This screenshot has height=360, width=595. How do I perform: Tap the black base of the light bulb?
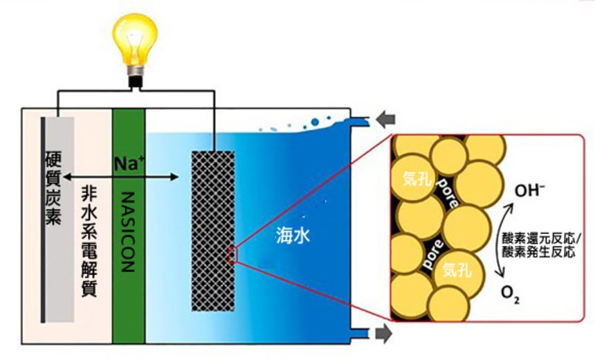pos(135,82)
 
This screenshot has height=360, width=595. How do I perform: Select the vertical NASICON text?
pos(129,232)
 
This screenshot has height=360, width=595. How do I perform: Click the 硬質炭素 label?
pos(53,189)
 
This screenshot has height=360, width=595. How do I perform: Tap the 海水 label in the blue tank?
pos(293,235)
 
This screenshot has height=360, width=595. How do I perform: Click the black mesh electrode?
pos(213,231)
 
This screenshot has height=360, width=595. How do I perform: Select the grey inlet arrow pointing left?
pos(385,120)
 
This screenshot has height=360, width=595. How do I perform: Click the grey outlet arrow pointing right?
pos(384,334)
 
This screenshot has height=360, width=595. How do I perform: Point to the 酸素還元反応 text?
pos(538,239)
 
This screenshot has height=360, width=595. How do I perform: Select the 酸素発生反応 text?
pos(538,252)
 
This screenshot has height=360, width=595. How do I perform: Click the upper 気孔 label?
pos(417,178)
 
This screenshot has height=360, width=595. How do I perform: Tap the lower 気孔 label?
pos(457,269)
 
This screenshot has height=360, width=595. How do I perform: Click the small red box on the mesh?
pos(232,255)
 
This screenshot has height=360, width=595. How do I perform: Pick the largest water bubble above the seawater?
pos(315,123)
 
